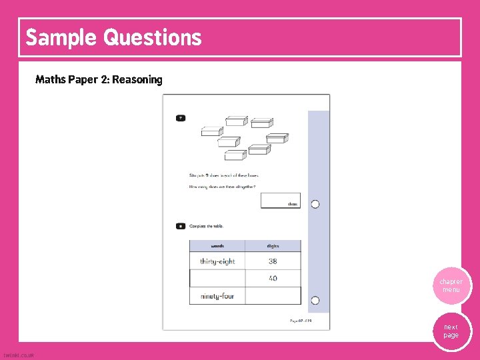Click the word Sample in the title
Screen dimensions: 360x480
(x=61, y=37)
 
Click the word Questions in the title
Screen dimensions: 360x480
(x=152, y=37)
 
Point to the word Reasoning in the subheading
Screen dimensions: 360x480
(x=137, y=80)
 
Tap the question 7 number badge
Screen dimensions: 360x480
(x=181, y=118)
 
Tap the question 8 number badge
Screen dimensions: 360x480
(x=181, y=227)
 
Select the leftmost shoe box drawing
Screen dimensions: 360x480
(x=212, y=131)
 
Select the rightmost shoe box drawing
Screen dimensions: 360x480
(x=277, y=137)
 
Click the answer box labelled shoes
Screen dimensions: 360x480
(x=280, y=200)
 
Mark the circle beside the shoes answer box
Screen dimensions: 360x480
(x=315, y=204)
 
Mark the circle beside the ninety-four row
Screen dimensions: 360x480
(x=315, y=300)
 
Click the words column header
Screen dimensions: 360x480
(x=217, y=246)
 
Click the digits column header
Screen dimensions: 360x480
(x=273, y=246)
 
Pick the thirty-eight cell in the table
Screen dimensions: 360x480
(x=217, y=261)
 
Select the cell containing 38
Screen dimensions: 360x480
(x=273, y=261)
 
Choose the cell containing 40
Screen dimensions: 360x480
(x=273, y=278)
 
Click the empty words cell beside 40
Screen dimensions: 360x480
(x=217, y=278)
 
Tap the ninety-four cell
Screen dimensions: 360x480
(x=217, y=295)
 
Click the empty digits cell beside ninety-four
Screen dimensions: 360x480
(x=273, y=295)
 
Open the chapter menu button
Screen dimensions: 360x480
(x=451, y=286)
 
